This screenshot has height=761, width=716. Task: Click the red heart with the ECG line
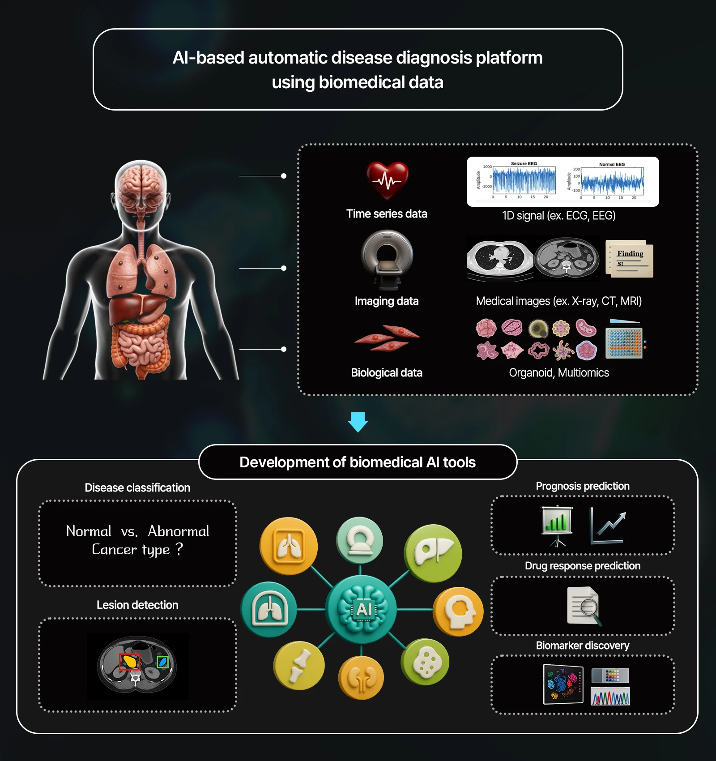387,180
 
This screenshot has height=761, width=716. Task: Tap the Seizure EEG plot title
524,163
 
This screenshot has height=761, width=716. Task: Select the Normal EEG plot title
612,164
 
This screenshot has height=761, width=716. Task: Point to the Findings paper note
630,259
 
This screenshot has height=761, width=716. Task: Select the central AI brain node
362,609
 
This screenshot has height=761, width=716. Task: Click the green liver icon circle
433,553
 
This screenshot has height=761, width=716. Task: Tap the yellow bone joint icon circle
299,665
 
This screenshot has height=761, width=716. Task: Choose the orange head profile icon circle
458,611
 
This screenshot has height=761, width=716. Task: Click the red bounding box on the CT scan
130,662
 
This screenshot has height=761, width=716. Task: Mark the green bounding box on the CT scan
163,662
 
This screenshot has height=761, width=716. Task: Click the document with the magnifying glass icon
584,606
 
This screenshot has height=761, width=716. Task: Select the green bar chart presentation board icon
557,524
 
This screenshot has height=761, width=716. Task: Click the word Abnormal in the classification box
178,531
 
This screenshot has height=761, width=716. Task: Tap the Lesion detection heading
137,605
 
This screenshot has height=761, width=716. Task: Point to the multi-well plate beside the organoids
624,342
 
